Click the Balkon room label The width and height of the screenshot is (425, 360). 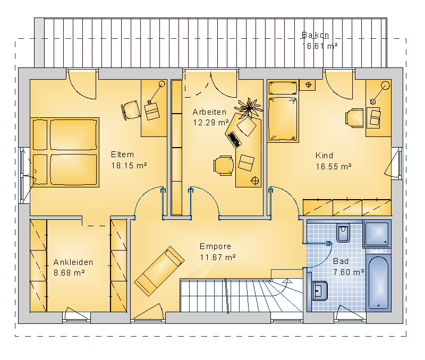(315, 35)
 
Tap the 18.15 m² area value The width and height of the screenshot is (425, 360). (129, 165)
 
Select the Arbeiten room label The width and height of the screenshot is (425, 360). (209, 112)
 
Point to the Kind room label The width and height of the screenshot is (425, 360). (324, 156)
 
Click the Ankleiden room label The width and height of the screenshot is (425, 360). (73, 262)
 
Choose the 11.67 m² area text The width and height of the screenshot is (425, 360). (218, 257)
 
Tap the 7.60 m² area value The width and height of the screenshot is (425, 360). (348, 272)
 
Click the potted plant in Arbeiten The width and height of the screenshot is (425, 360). (249, 108)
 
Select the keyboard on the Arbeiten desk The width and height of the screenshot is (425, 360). (234, 140)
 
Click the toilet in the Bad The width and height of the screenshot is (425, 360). (343, 233)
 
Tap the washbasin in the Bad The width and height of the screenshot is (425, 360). (319, 291)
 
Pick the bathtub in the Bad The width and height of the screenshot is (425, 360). (378, 282)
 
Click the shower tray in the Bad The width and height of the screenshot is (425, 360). (377, 234)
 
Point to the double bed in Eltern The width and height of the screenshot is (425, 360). (64, 152)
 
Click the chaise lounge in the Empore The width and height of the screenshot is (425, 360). (159, 271)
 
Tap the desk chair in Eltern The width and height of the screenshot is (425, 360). (131, 110)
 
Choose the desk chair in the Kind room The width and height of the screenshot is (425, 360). (354, 118)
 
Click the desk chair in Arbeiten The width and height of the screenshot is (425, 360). (224, 165)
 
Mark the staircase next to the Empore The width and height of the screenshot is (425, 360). (241, 296)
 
